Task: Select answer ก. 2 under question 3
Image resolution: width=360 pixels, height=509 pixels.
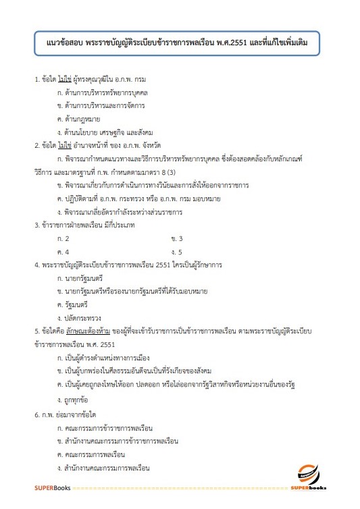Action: pyautogui.click(x=63, y=239)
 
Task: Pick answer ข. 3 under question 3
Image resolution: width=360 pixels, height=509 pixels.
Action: pyautogui.click(x=178, y=239)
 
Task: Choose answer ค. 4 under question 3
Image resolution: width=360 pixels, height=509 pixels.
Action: pyautogui.click(x=63, y=252)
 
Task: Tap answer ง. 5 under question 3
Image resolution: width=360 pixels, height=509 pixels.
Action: pyautogui.click(x=178, y=252)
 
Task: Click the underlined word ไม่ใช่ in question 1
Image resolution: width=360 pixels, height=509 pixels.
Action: pyautogui.click(x=65, y=80)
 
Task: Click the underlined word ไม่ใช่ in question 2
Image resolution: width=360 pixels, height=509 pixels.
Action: pyautogui.click(x=65, y=144)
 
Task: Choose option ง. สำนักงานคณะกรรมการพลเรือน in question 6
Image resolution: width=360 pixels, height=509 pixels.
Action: pyautogui.click(x=113, y=467)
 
